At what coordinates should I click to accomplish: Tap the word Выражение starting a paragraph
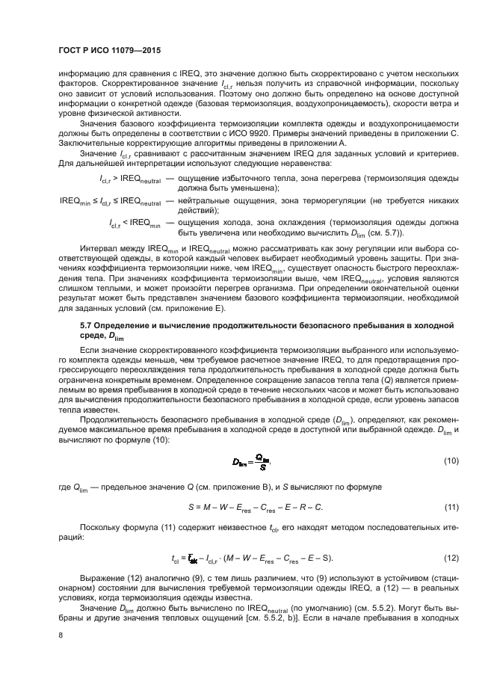[102, 579]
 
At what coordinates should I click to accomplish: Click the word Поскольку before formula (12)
[100, 527]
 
